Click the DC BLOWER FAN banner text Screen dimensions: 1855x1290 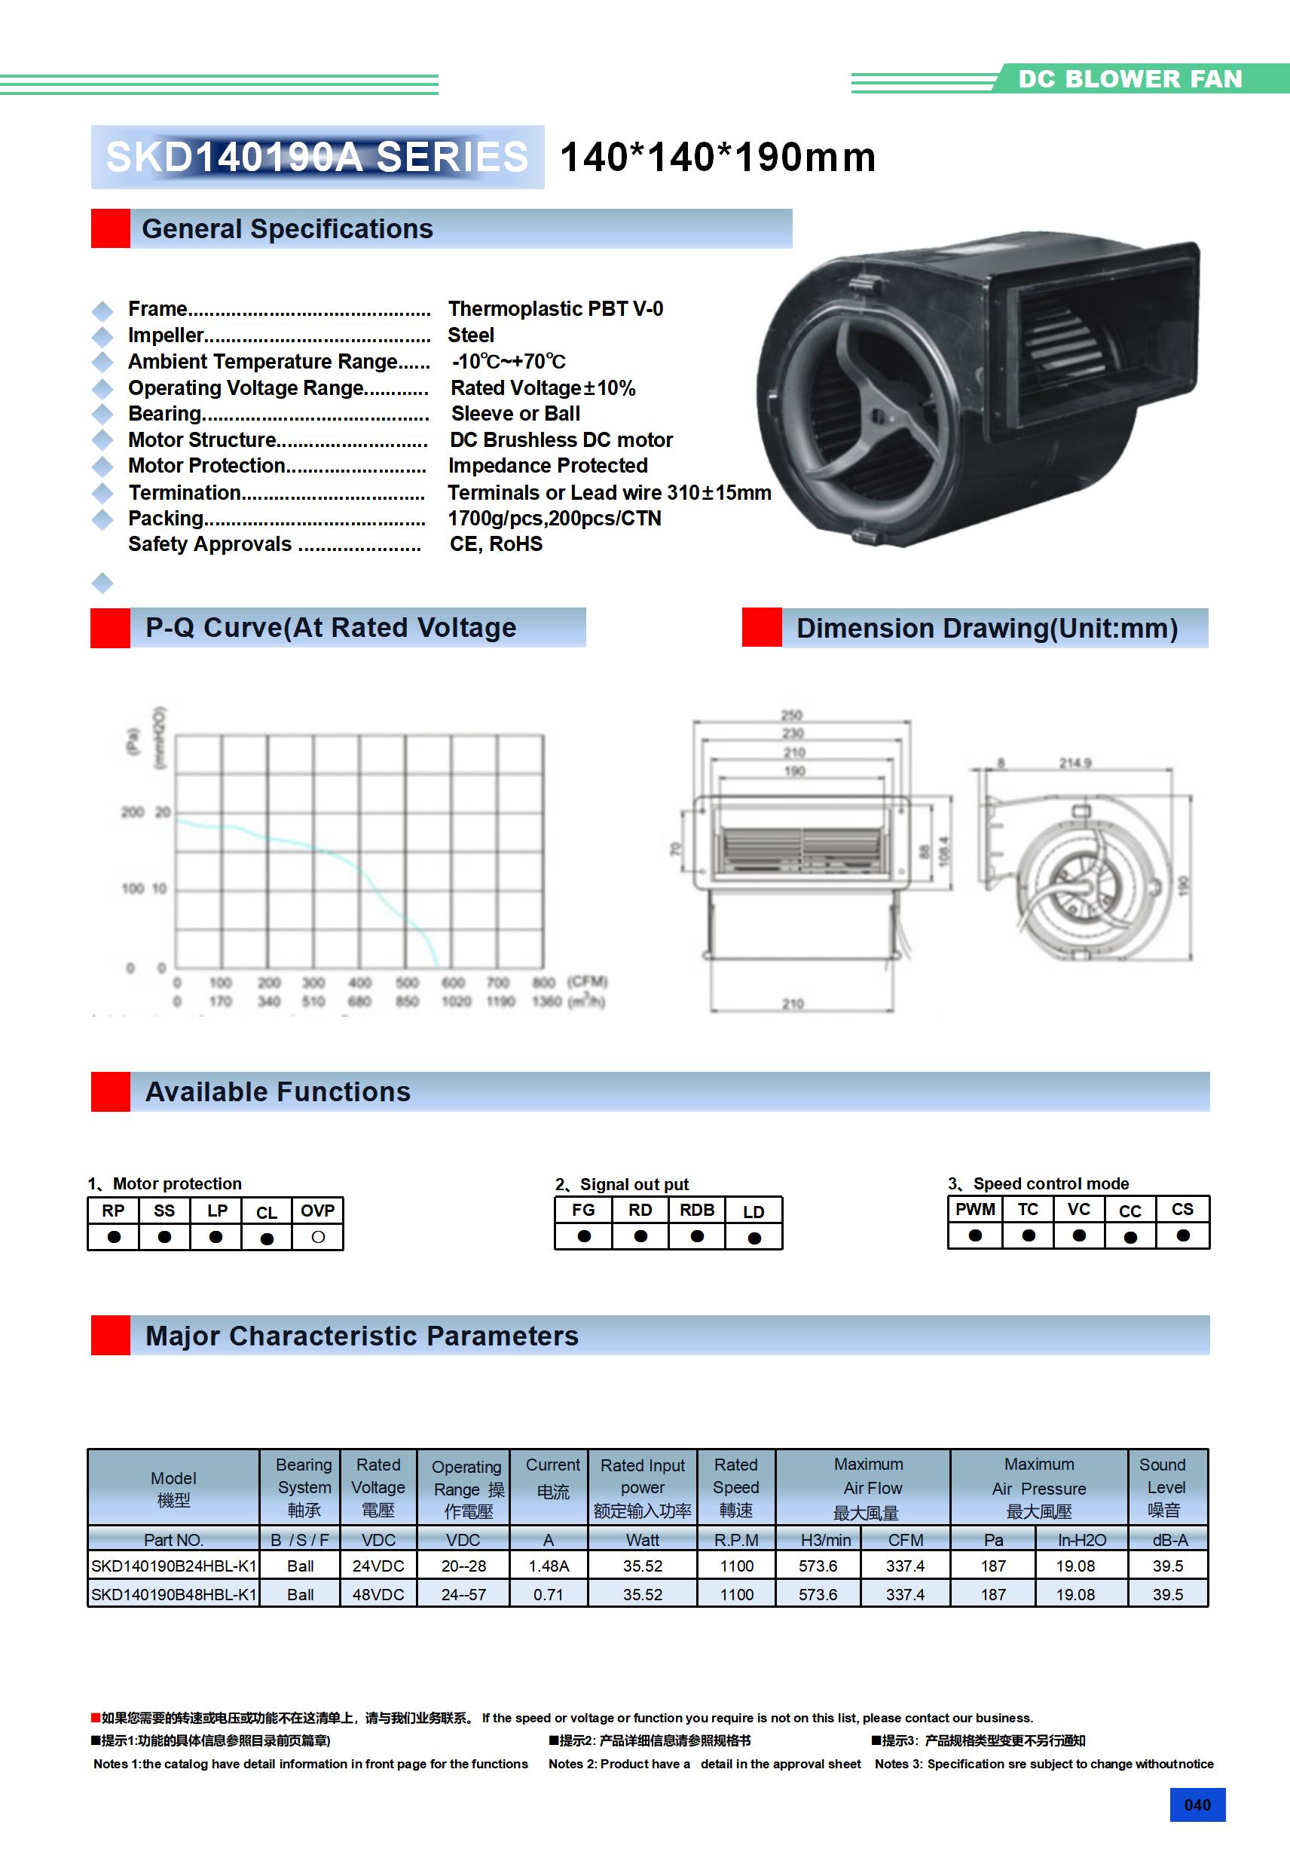(1130, 79)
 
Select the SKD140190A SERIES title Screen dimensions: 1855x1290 (316, 157)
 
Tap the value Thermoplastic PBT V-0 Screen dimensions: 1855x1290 (556, 308)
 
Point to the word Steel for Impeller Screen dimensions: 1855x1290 (471, 335)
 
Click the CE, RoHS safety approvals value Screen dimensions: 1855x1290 (496, 543)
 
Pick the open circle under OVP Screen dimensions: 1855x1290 (317, 1237)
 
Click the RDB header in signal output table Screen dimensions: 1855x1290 (696, 1211)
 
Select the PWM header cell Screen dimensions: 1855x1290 (975, 1210)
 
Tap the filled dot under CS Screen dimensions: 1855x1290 (1182, 1235)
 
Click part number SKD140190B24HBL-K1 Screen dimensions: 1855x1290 (173, 1566)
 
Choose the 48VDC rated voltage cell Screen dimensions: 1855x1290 (378, 1595)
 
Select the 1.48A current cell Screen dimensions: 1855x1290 (549, 1566)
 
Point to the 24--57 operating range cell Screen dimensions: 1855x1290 (463, 1595)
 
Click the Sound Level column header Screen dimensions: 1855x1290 (1163, 1486)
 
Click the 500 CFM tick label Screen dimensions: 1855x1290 (407, 982)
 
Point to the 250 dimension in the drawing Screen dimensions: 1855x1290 (792, 715)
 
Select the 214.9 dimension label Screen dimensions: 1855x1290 (1075, 763)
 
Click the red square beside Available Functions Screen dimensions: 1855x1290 (111, 1091)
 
